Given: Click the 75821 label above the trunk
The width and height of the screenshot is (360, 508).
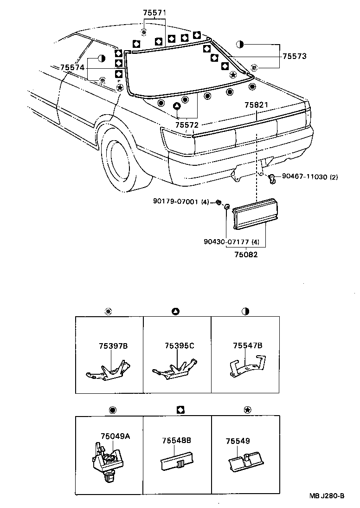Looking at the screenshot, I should click(257, 105).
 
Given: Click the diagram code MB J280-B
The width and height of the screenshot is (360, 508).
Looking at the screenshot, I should click(327, 496).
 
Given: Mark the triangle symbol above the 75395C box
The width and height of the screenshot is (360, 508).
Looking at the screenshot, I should click(176, 311).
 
